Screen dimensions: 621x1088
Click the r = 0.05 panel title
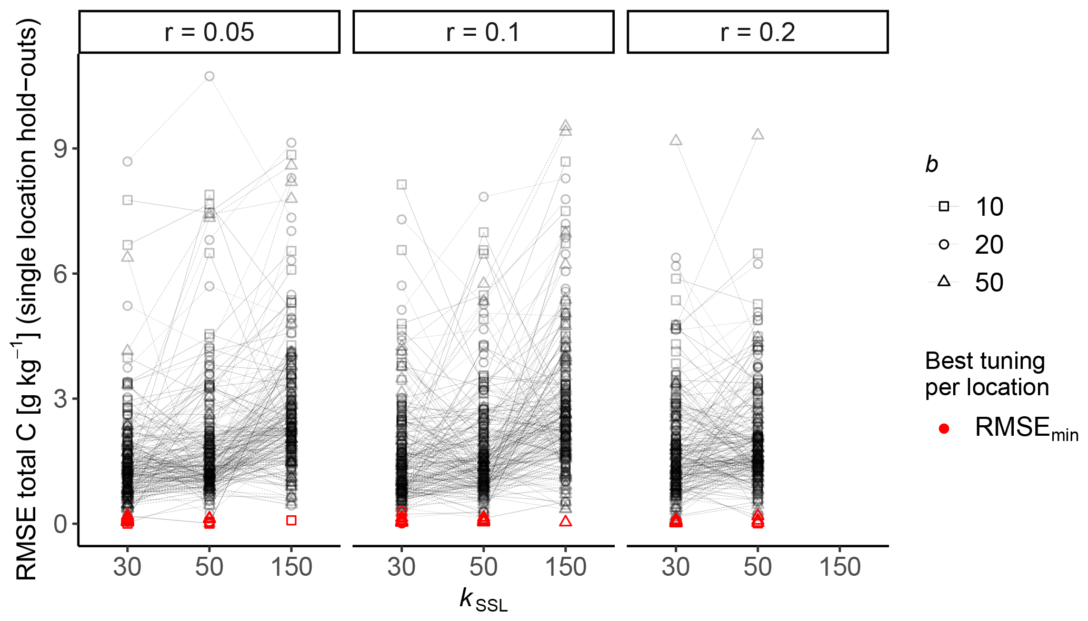(209, 32)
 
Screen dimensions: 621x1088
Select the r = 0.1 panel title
(483, 32)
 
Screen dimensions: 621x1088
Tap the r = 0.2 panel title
(757, 32)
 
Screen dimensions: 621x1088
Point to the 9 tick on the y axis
(62, 149)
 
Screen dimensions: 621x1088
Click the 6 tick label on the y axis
(62, 274)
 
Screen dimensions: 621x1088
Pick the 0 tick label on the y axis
(62, 524)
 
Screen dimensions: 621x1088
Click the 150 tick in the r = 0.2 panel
(840, 567)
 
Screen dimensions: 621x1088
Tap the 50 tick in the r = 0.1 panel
(483, 567)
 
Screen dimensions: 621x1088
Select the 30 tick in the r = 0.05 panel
(127, 567)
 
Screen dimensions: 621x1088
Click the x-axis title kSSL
(483, 600)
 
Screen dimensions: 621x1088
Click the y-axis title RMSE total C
(26, 300)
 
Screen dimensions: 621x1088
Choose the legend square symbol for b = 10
(944, 206)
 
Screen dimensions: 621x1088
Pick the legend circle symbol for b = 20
(944, 244)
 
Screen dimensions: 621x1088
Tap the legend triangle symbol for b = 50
(944, 281)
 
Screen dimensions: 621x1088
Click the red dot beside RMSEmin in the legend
(944, 428)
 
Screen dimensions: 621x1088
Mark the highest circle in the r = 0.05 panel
(209, 76)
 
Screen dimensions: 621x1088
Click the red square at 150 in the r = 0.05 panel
(292, 520)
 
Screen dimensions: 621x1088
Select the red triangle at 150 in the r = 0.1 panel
(566, 521)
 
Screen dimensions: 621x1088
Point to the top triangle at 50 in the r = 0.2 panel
(758, 134)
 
